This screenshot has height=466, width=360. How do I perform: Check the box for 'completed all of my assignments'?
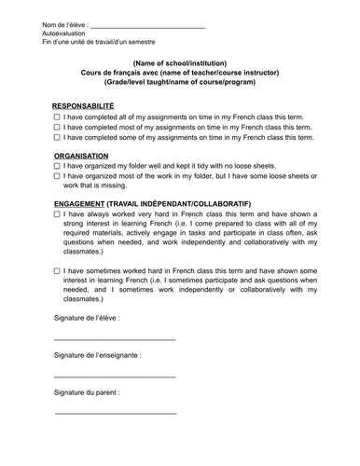click(x=58, y=118)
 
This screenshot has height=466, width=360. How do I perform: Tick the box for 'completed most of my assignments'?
click(x=58, y=128)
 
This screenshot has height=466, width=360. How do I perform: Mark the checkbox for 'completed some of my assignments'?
click(x=58, y=137)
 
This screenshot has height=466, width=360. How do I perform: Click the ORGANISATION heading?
click(x=81, y=156)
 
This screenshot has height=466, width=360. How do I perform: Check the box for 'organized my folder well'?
click(x=58, y=165)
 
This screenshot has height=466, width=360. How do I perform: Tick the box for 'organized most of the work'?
click(x=58, y=174)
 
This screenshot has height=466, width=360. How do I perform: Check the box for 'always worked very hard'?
click(x=58, y=213)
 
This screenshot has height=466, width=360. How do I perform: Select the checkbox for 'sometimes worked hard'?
click(x=58, y=270)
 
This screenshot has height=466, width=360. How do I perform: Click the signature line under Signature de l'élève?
click(x=115, y=339)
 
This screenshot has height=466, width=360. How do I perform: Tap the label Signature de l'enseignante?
click(x=98, y=355)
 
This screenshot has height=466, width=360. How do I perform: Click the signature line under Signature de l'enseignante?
click(x=115, y=376)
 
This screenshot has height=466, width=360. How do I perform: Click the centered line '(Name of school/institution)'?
click(x=180, y=63)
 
